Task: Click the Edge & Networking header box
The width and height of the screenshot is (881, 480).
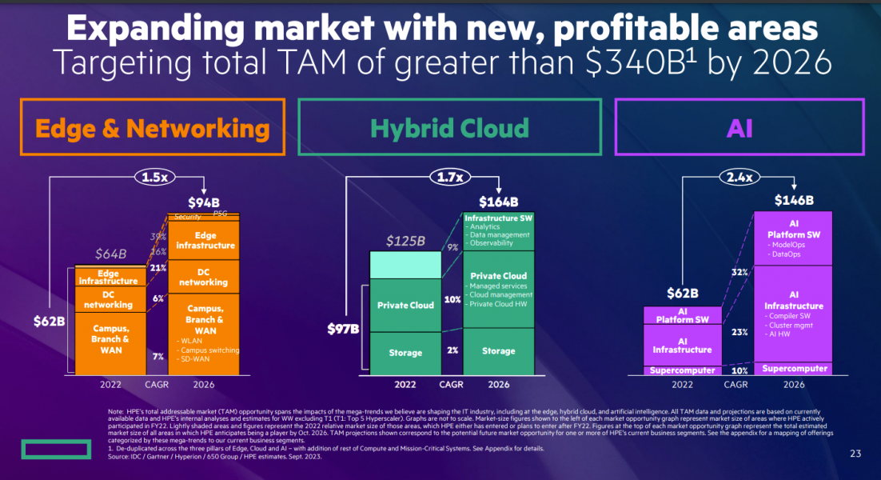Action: coord(152,127)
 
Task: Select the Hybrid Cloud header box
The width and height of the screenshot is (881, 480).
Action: coord(449,127)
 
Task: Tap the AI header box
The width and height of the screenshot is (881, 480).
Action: coord(739,127)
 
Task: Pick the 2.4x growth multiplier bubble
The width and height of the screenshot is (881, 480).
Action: coord(739,177)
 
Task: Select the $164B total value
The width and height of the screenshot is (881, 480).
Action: coord(498,202)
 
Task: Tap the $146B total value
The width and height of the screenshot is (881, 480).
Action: coord(794,200)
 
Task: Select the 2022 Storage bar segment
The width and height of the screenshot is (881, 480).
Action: coord(405,353)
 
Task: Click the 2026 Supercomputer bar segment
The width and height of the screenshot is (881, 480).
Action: coord(794,369)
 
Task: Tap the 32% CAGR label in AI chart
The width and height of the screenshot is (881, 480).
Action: coord(739,272)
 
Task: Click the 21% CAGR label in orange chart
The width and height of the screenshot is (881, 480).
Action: coord(157,267)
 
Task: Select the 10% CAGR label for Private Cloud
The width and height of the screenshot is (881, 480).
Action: coord(452,299)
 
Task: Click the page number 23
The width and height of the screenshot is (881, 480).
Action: coord(855,454)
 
